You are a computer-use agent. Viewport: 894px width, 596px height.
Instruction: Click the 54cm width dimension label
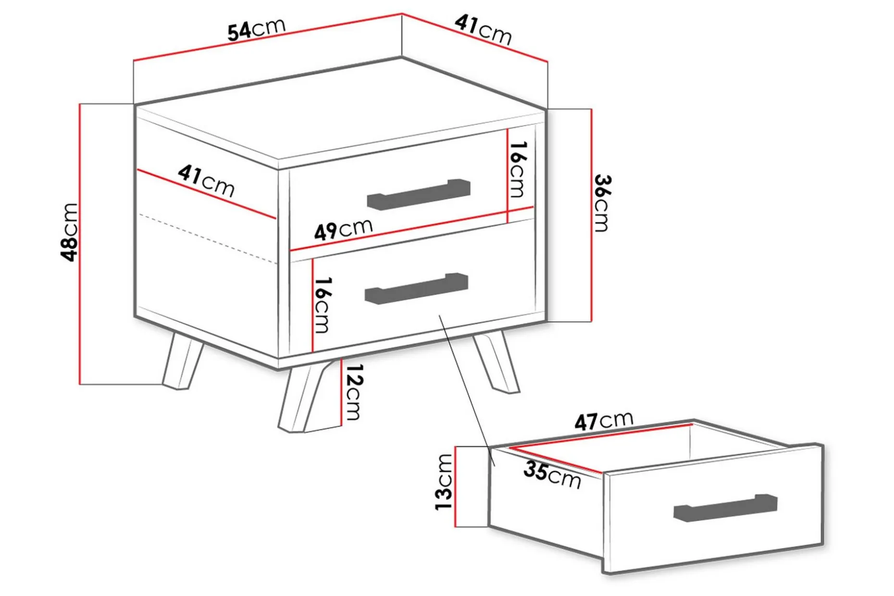point(257,29)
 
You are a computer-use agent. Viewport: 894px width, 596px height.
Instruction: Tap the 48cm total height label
point(70,232)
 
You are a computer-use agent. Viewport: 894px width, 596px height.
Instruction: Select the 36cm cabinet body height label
point(602,203)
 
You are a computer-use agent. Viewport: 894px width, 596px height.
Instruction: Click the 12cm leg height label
point(354,392)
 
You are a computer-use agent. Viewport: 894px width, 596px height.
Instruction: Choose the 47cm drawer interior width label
point(604,421)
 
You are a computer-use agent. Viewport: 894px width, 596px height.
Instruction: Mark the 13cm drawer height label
point(444,482)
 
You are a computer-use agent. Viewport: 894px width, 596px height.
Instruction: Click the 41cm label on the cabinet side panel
point(206,181)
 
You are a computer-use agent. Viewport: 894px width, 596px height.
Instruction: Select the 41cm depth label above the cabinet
point(483,29)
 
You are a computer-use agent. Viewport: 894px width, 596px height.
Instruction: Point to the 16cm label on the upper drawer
point(518,169)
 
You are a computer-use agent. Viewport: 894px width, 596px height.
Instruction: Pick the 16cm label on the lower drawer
point(323,305)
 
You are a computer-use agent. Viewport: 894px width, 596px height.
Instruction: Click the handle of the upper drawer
point(419,195)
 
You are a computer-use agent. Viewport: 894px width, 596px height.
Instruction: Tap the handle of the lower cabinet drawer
point(416,289)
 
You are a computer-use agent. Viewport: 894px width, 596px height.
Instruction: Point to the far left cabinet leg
point(183,360)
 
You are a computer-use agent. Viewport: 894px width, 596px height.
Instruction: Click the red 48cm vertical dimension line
point(80,244)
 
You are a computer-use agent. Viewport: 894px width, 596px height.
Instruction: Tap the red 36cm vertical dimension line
point(591,215)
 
